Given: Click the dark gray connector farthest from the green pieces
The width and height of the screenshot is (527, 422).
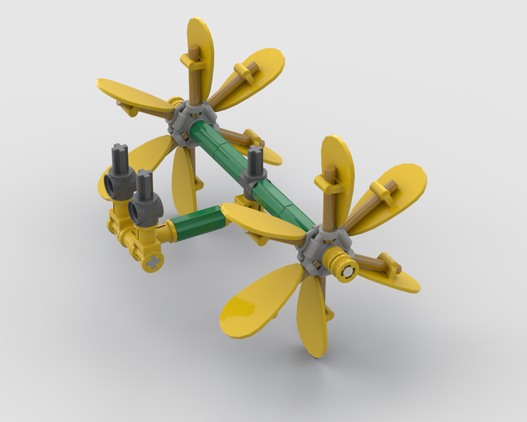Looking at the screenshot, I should (x=119, y=174).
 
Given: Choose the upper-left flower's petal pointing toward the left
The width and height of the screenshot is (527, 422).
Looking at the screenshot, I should (x=132, y=95).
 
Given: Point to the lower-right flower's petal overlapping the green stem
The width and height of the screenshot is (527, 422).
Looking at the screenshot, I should (x=261, y=222).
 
